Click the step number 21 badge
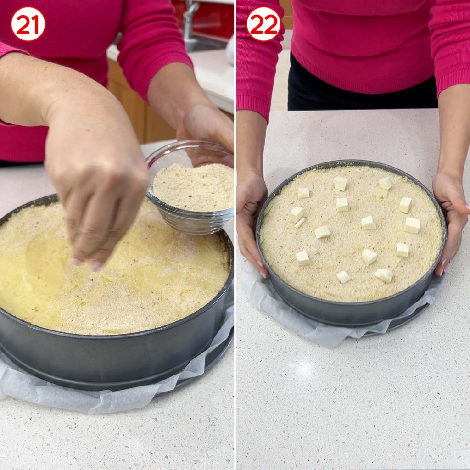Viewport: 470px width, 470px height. tap(28, 24)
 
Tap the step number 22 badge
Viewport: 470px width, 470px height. tap(263, 24)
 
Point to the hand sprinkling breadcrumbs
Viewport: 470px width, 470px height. tap(96, 192)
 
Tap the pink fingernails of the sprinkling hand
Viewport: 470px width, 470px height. tap(87, 264)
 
